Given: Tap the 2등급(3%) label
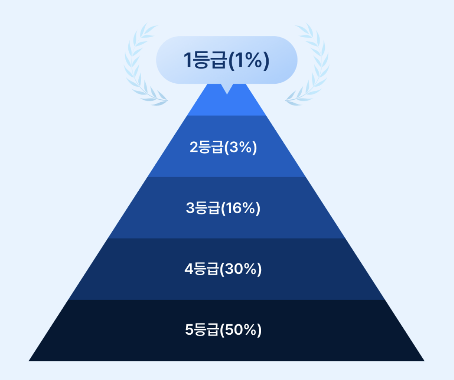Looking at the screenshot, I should [223, 148].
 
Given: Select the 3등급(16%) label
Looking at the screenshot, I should [223, 209].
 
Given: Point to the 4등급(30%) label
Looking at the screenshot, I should [223, 270].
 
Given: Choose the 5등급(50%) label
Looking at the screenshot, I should [223, 331].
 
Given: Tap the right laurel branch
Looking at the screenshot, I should [312, 66].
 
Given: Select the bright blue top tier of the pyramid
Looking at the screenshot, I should [226, 105].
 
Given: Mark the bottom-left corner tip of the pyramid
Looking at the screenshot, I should [30, 360].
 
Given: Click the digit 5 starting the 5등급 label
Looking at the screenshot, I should [189, 331].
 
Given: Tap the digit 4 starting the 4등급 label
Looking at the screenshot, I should [189, 270].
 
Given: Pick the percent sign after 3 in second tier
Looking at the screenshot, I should [247, 148].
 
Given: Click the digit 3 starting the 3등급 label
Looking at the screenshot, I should [190, 209].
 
